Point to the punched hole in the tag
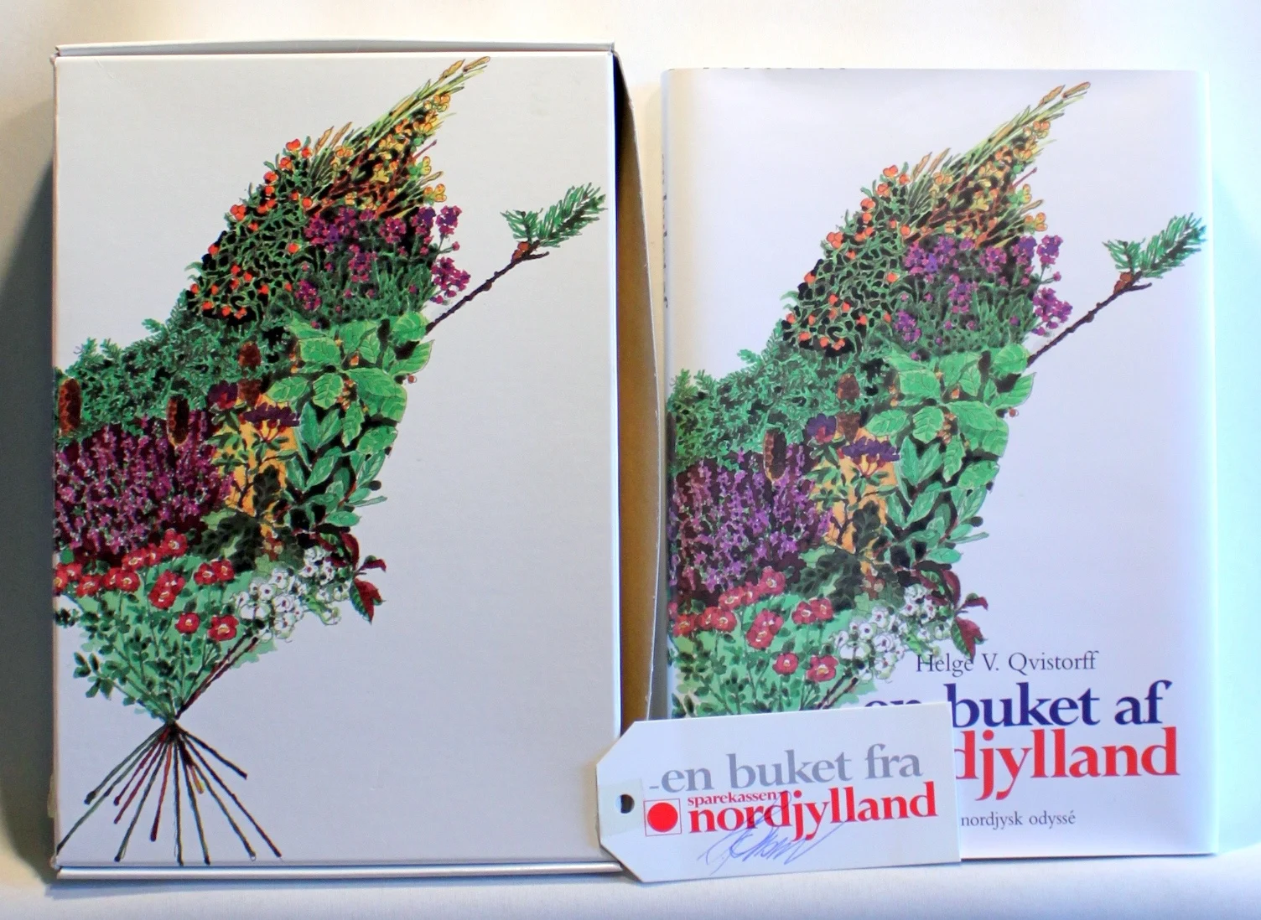click(626, 803)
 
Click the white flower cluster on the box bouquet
click(285, 587)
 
